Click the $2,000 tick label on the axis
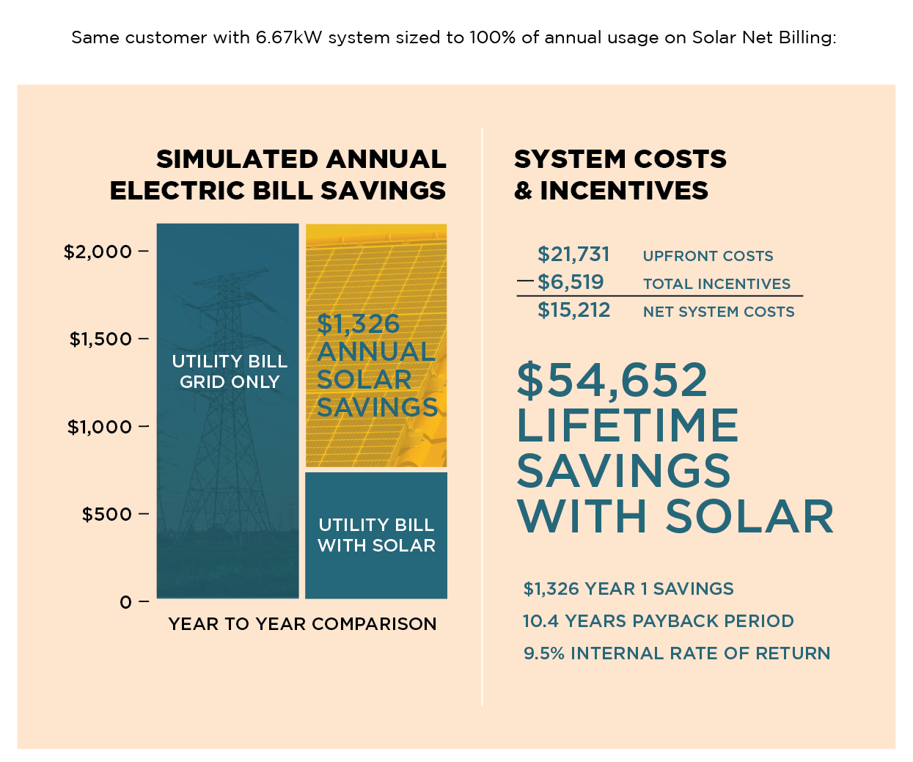[x=98, y=252]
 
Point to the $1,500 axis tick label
[x=100, y=340]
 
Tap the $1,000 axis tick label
[x=100, y=427]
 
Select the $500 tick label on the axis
[x=107, y=514]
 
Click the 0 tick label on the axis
[x=126, y=602]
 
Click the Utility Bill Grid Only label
[x=230, y=372]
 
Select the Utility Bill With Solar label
[x=376, y=535]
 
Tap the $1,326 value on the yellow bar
[x=359, y=323]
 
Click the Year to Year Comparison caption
[x=302, y=624]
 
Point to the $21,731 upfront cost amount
[x=573, y=254]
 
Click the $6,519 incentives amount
[x=571, y=282]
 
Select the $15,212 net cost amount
[x=573, y=310]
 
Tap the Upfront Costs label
[x=708, y=256]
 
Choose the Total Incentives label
[x=716, y=284]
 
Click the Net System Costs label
[x=719, y=312]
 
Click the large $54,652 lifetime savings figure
[x=612, y=380]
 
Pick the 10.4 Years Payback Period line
[x=658, y=621]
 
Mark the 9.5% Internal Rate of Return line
[x=676, y=653]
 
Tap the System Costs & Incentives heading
[x=620, y=175]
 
